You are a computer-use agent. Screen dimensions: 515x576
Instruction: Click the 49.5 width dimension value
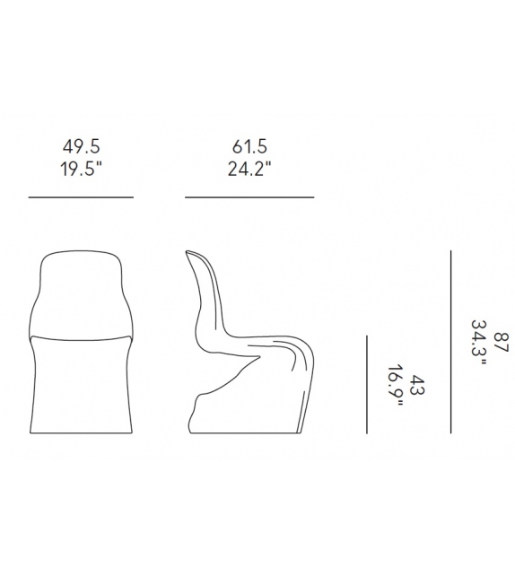[x=81, y=146]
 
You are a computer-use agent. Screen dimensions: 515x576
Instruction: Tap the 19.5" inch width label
[x=81, y=169]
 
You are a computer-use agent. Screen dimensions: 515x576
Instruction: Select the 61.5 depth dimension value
[x=249, y=146]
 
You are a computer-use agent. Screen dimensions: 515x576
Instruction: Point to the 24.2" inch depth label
[x=249, y=169]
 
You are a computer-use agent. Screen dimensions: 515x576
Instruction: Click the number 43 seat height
[x=417, y=385]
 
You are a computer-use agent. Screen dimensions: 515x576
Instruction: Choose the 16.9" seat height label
[x=396, y=386]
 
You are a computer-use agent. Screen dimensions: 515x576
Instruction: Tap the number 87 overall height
[x=501, y=343]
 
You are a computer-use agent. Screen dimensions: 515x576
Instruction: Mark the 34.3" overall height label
[x=479, y=343]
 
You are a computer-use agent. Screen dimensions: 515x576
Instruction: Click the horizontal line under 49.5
[x=81, y=197]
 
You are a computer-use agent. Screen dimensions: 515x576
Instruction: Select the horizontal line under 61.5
[x=249, y=197]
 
